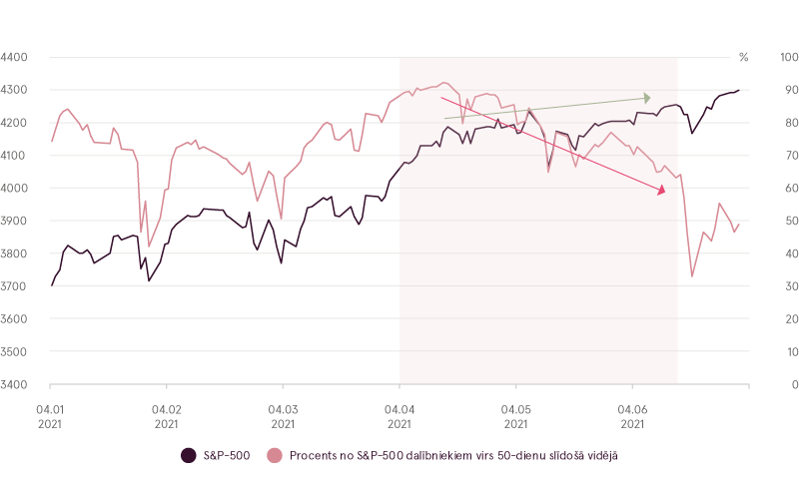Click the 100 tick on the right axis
pyautogui.click(x=786, y=58)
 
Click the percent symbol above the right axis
pyautogui.click(x=743, y=58)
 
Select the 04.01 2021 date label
pyautogui.click(x=50, y=415)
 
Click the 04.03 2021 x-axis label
pyautogui.click(x=283, y=415)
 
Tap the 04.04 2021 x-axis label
pyautogui.click(x=399, y=415)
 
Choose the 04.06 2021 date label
pyautogui.click(x=632, y=415)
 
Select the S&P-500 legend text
pyautogui.click(x=226, y=456)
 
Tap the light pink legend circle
pyautogui.click(x=275, y=456)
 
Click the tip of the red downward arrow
pyautogui.click(x=664, y=192)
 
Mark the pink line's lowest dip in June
pyautogui.click(x=693, y=276)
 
